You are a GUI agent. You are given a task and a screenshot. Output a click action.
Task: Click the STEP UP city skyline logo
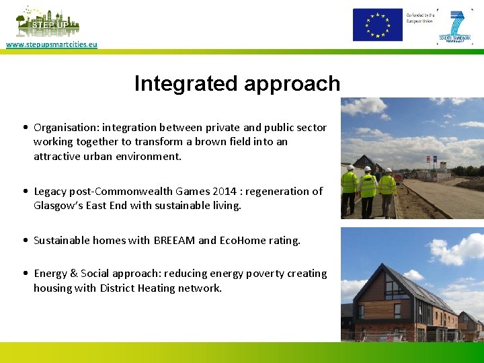(x=47, y=22)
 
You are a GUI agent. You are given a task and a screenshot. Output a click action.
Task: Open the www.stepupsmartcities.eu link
(x=52, y=44)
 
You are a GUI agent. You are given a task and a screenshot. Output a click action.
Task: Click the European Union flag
(x=378, y=25)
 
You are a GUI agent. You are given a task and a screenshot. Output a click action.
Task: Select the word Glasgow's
(x=58, y=206)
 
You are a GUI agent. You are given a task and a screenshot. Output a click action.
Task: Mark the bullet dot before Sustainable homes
(x=24, y=240)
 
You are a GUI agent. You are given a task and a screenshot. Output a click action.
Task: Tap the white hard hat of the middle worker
(x=368, y=169)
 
